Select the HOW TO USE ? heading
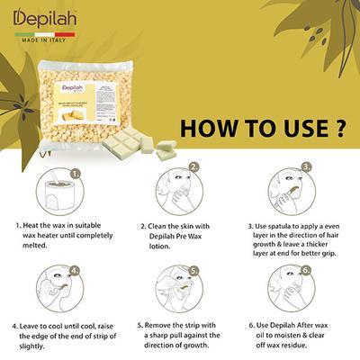(x=258, y=124)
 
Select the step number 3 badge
(x=306, y=168)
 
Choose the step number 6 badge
(x=307, y=268)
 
